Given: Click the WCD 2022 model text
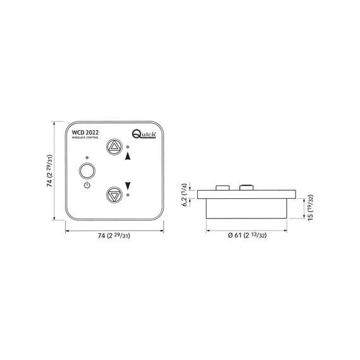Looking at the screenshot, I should pyautogui.click(x=85, y=131).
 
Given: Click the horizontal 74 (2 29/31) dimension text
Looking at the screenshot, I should pyautogui.click(x=112, y=237).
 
